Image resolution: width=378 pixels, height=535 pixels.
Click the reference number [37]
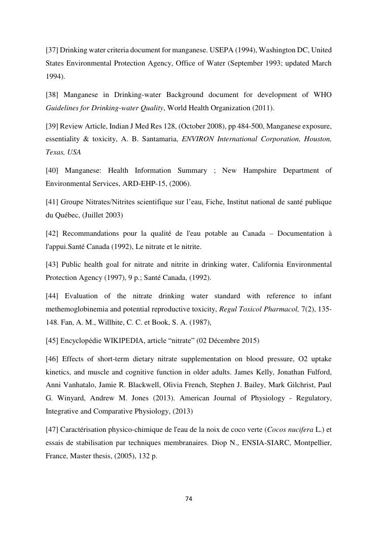52,50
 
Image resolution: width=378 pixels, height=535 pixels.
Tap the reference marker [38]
53,95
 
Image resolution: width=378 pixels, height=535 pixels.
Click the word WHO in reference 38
323,95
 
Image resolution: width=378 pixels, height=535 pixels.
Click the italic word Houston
317,139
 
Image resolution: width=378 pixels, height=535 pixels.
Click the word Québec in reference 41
68,214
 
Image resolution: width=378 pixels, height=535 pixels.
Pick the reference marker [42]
53,233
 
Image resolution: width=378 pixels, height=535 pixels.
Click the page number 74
189,499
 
